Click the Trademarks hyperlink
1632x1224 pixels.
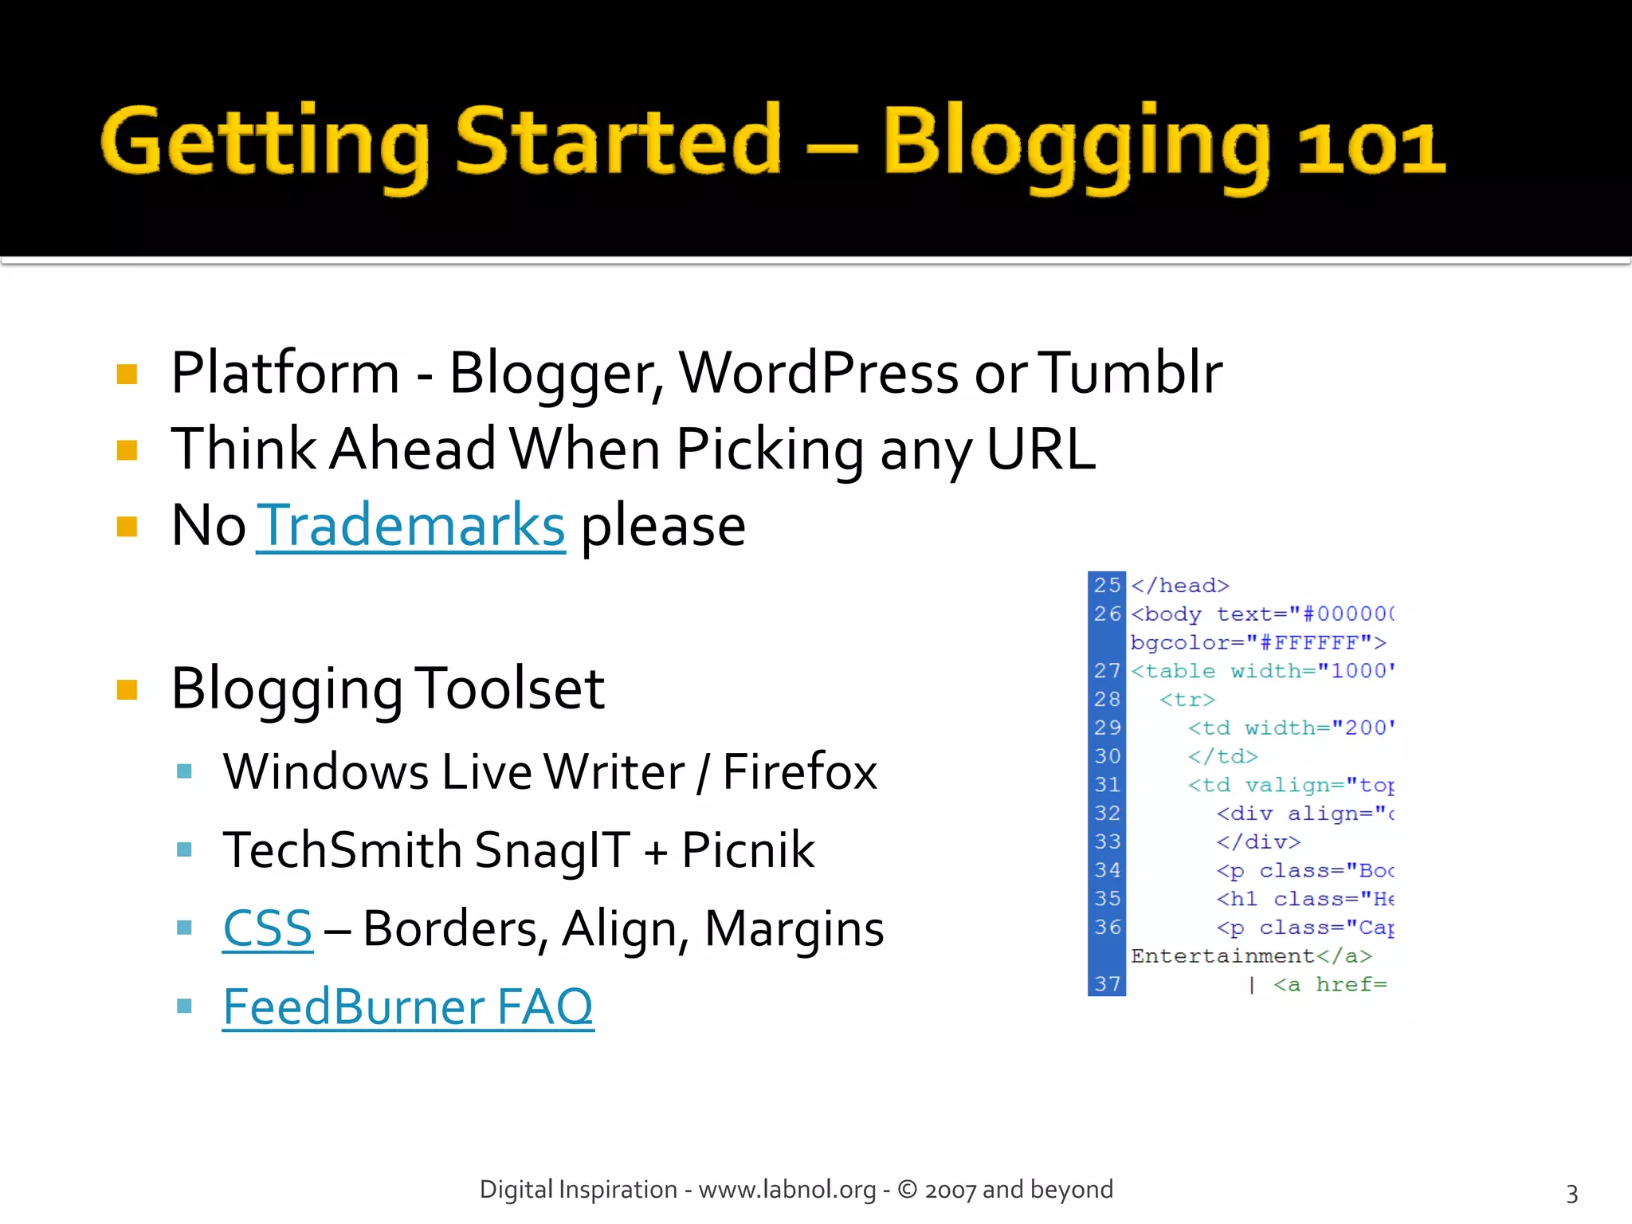click(410, 526)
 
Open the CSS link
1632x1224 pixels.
click(268, 928)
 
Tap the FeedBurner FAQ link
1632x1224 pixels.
click(408, 1006)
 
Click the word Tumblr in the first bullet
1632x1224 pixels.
click(1132, 373)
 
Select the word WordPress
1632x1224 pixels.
click(818, 373)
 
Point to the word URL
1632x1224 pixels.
click(1041, 449)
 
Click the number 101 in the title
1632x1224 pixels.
click(1371, 147)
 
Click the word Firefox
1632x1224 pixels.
click(799, 771)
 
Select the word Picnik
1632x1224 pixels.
click(748, 849)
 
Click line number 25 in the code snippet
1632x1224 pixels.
click(1107, 586)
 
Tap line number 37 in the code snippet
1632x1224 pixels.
click(1107, 985)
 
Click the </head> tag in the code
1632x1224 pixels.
click(1180, 586)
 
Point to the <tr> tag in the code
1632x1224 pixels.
click(1187, 700)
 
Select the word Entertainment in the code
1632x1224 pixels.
click(1222, 956)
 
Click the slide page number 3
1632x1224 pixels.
click(1571, 1194)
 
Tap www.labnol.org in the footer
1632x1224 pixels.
click(787, 1190)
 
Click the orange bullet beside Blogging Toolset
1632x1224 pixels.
click(127, 689)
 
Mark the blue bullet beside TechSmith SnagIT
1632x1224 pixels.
click(185, 849)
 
